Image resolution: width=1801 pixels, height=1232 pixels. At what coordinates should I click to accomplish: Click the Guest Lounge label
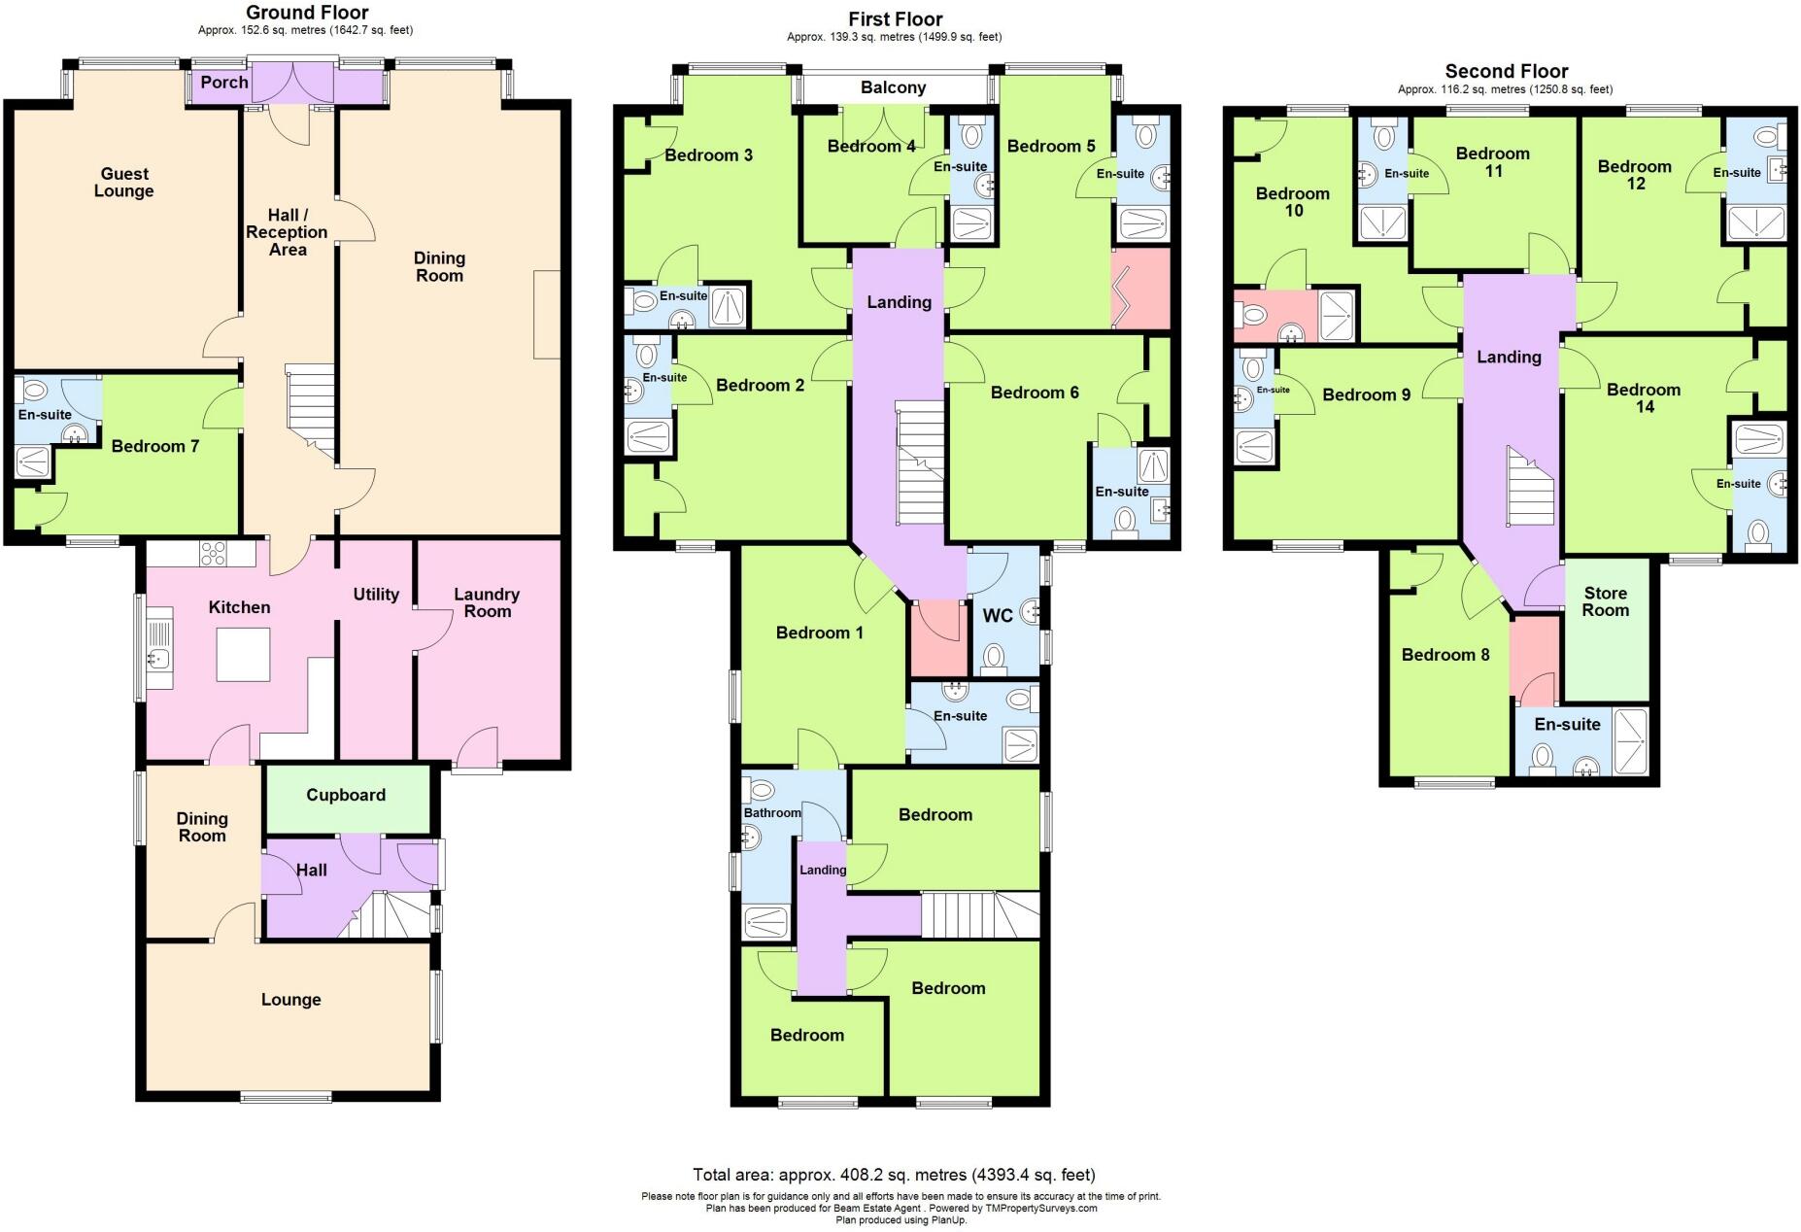point(124,183)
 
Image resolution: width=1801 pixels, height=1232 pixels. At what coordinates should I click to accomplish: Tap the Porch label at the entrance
point(224,83)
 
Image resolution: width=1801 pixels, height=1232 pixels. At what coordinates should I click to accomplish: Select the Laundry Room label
point(487,602)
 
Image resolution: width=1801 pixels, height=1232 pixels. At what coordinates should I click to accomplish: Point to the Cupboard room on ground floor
point(346,795)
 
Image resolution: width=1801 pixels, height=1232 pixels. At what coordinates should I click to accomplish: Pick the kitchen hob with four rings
point(213,553)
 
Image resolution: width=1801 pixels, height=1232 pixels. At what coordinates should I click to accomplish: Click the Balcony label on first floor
point(893,87)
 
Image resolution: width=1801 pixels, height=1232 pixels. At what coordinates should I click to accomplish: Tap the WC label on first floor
point(998,615)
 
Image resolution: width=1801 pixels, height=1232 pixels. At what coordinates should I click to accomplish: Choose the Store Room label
point(1605,601)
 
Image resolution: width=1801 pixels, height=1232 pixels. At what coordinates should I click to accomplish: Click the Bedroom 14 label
point(1644,398)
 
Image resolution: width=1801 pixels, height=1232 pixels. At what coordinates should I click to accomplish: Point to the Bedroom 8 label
point(1445,655)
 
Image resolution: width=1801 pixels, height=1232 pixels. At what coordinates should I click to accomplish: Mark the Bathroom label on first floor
point(772,812)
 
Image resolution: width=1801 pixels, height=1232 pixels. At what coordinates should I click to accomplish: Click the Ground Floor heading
point(307,13)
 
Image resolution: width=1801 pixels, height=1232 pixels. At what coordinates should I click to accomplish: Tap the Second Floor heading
point(1507,71)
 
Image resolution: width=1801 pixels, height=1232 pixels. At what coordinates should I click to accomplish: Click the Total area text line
point(894,1175)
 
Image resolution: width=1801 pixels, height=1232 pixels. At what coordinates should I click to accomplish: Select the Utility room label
point(376,595)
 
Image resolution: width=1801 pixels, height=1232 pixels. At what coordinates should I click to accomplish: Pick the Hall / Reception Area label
point(287,232)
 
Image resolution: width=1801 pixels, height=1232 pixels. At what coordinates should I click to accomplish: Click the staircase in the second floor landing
point(1530,486)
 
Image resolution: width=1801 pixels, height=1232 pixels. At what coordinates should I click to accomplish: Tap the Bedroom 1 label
point(820,633)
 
